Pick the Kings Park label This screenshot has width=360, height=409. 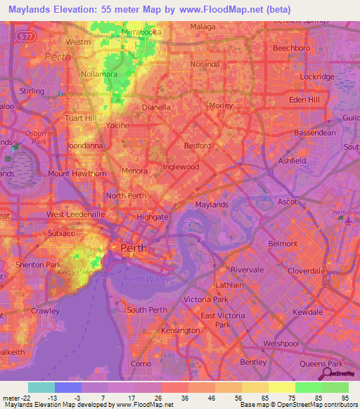tap(79, 271)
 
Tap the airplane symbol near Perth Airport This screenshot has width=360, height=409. tap(348, 220)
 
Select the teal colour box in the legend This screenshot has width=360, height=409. tap(41, 387)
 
